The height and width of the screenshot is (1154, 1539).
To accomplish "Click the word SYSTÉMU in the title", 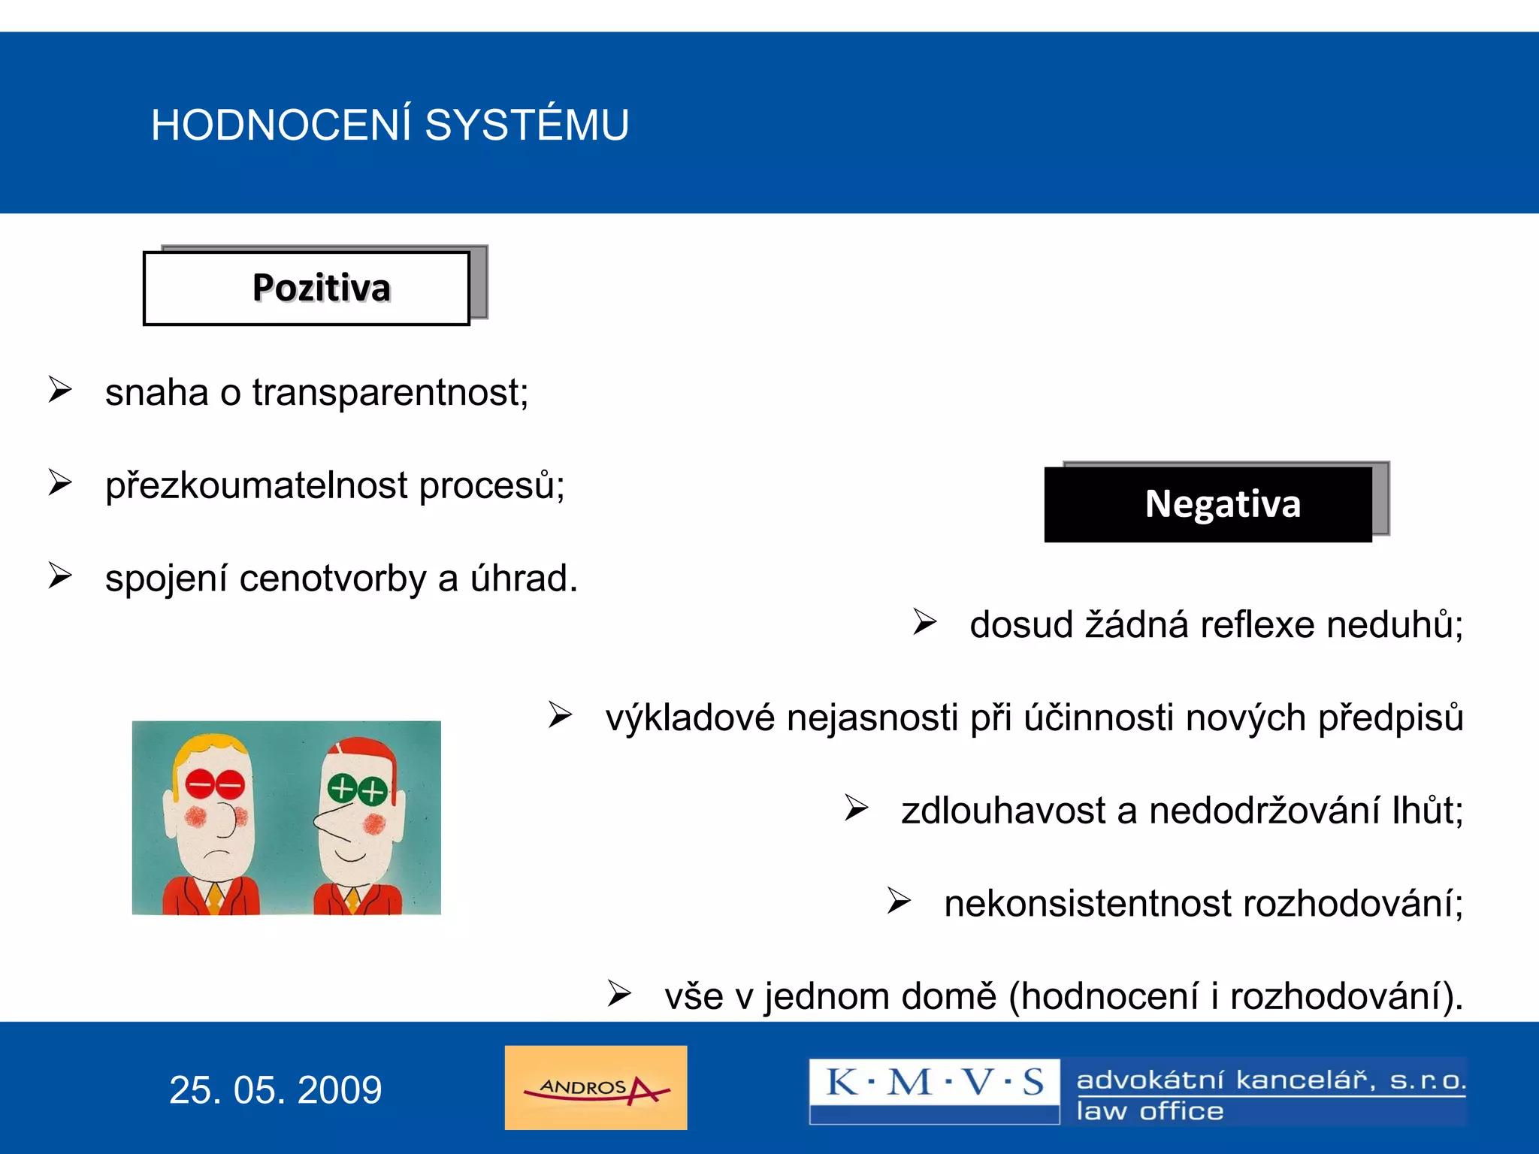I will coord(526,125).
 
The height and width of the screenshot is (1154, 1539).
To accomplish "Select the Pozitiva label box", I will coord(307,288).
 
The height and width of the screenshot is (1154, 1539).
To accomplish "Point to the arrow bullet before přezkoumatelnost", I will coord(60,482).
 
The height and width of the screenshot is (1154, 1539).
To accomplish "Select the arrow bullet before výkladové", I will coord(560,714).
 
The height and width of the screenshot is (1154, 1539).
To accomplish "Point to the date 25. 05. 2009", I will coord(275,1090).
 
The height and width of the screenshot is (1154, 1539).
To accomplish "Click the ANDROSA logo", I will coord(596,1087).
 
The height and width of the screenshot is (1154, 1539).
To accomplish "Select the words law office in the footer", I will coord(1150,1111).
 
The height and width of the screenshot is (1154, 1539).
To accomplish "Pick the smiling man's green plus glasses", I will coord(358,790).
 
